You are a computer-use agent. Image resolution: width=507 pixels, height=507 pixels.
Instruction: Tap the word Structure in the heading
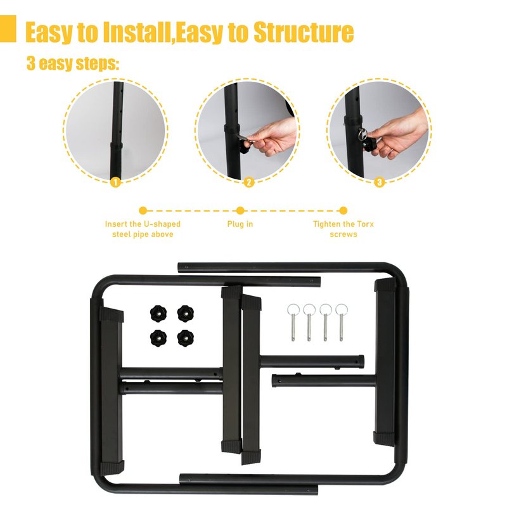304,32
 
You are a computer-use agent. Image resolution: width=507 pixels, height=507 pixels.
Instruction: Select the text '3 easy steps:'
73,63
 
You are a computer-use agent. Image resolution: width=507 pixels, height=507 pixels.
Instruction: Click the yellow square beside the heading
8,29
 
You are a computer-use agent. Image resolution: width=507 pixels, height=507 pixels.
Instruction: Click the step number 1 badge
115,182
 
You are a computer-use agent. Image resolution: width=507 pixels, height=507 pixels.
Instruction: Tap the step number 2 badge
248,182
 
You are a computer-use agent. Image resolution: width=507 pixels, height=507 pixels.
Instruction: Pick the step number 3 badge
379,182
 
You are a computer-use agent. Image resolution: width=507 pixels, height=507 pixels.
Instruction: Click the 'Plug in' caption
240,224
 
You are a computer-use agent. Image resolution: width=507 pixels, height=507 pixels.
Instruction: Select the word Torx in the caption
365,224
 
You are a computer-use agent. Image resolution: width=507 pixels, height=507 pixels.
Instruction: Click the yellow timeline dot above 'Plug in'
240,210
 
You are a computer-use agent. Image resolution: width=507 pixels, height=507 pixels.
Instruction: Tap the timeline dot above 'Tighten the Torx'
343,210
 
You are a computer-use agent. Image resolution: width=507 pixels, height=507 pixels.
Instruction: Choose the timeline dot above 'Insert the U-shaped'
143,210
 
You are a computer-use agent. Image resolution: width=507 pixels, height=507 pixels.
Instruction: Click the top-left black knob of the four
158,313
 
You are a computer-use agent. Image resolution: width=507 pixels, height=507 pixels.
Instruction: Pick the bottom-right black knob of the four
186,338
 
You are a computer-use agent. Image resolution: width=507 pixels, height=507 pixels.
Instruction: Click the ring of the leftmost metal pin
293,309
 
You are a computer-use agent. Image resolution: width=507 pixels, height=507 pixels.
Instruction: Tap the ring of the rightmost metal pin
342,309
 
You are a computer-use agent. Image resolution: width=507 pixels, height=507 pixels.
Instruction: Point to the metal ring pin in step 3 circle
362,133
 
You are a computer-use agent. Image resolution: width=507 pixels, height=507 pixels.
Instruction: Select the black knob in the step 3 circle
370,145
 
